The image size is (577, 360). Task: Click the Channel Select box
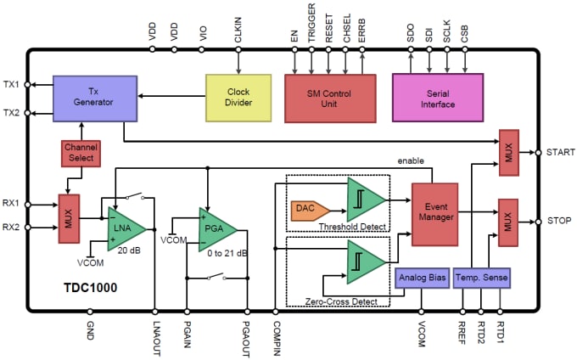click(81, 154)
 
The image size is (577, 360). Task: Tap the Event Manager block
click(435, 211)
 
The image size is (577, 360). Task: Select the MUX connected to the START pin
click(508, 154)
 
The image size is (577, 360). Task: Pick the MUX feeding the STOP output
click(508, 222)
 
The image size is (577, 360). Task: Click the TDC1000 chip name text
click(89, 288)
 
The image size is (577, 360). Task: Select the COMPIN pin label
click(276, 333)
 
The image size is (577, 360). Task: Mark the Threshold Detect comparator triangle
click(364, 200)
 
